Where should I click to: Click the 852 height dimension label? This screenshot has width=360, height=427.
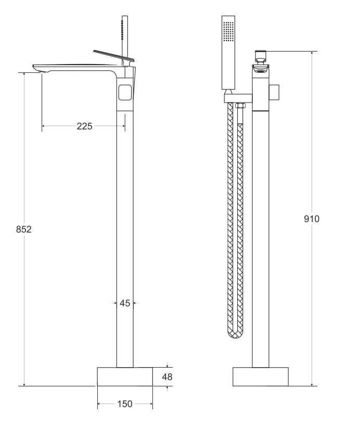click(x=24, y=229)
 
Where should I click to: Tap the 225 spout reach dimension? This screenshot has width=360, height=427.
click(x=84, y=127)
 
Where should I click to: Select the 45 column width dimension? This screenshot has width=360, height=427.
click(x=125, y=303)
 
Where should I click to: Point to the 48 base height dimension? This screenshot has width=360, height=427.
click(x=167, y=377)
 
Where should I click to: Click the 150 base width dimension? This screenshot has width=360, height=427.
click(x=125, y=404)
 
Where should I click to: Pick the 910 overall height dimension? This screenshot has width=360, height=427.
click(x=312, y=219)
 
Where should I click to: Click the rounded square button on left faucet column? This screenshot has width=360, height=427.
click(x=125, y=93)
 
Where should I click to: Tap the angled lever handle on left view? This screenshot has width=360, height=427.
click(x=114, y=55)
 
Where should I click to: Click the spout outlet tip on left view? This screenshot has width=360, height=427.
click(x=38, y=70)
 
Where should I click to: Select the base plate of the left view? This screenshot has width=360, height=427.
click(x=125, y=376)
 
